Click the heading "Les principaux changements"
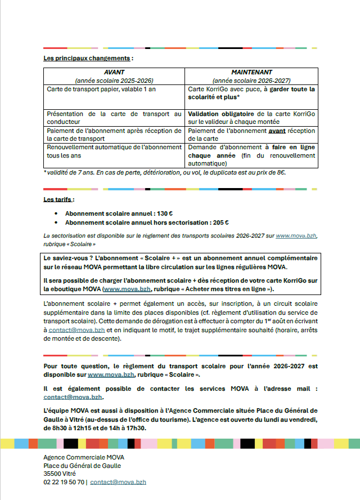click(88, 58)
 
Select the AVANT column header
click(114, 73)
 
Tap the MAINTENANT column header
click(251, 73)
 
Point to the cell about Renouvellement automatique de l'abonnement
click(114, 151)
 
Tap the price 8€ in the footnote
click(280, 172)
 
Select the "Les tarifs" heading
click(58, 199)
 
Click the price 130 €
click(165, 213)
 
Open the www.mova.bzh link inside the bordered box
click(127, 289)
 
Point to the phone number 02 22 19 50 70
click(64, 482)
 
